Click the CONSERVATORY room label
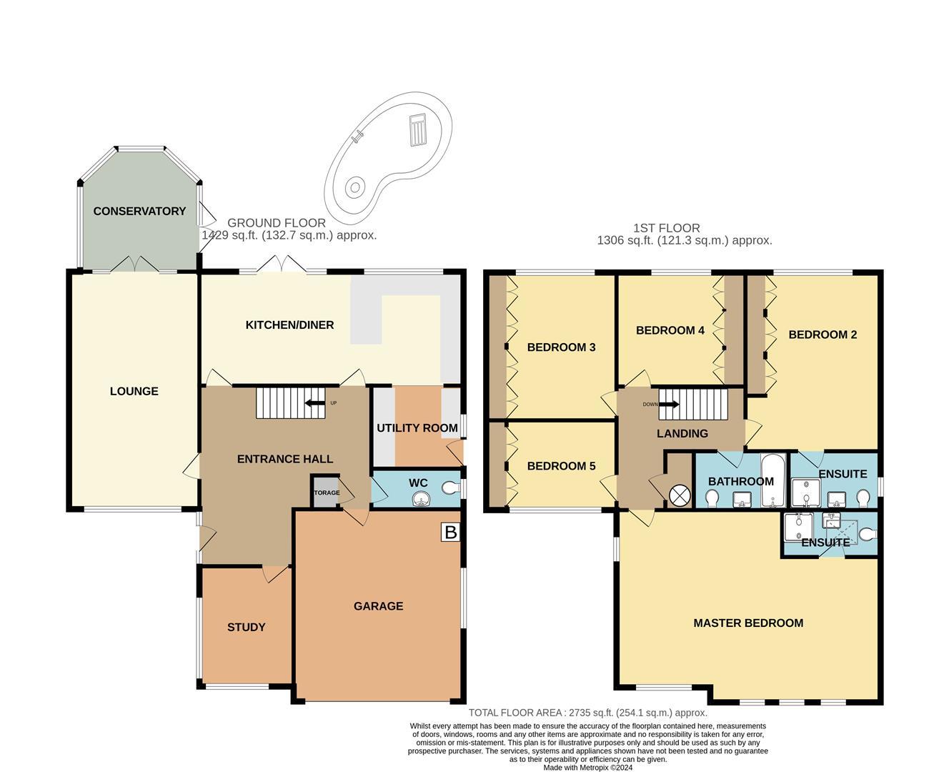coord(139,211)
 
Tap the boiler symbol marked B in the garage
coord(450,533)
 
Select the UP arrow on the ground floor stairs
coord(313,403)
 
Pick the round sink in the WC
coord(421,498)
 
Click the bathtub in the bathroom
coord(772,480)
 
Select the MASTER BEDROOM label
coord(748,623)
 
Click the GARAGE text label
coord(378,606)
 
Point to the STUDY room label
coord(246,628)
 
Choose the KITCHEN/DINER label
coord(289,325)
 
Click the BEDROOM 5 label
coord(561,466)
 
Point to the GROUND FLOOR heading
coord(276,223)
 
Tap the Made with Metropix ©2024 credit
coord(587,768)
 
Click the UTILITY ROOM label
coord(417,428)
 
